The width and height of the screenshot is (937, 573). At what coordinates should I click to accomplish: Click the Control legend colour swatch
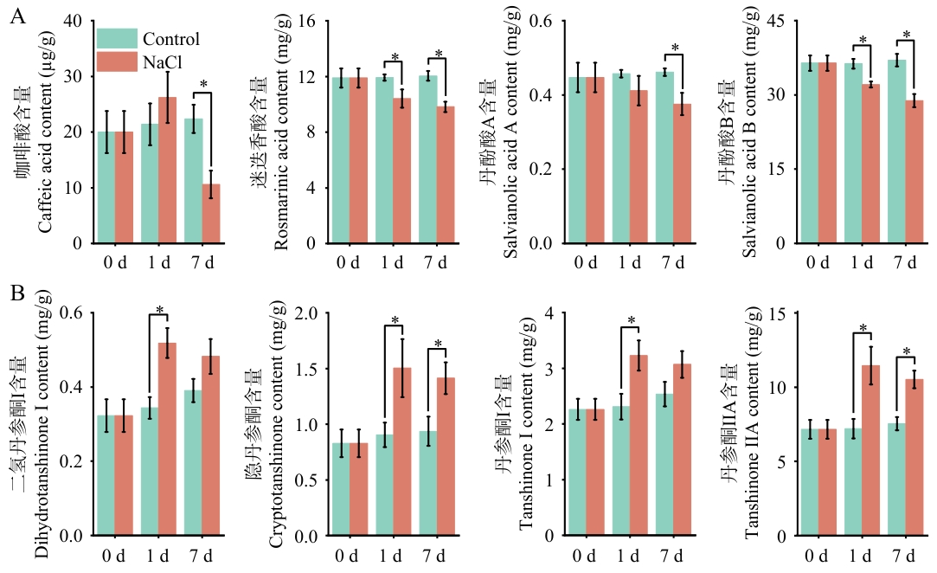117,39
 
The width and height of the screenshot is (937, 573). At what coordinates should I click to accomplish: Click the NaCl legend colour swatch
117,61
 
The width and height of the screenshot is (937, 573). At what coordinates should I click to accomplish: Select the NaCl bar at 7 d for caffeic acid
211,214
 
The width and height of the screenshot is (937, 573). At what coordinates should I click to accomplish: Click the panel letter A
18,16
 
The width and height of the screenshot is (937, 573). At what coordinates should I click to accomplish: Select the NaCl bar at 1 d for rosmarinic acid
402,171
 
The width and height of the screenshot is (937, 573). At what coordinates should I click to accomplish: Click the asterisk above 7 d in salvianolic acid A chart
675,48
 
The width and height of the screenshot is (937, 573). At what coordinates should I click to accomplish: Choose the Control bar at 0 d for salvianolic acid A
577,160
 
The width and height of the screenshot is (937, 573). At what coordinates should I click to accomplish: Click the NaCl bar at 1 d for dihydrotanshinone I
167,440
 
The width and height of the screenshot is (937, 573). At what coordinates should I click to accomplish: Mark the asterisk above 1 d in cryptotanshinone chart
395,320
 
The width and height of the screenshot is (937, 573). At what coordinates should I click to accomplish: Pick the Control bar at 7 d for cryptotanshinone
428,484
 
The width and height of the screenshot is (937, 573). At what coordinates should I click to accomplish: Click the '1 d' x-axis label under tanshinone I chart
628,556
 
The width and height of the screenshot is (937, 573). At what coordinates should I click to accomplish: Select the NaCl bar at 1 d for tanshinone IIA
870,451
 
